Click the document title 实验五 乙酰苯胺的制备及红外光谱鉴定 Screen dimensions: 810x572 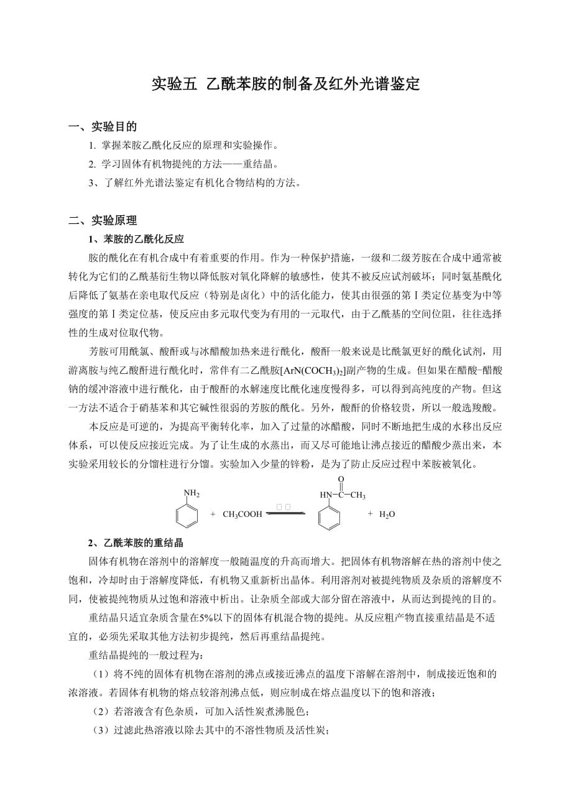[286, 84]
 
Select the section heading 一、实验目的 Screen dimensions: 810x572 [103, 127]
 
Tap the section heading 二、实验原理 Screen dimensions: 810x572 [103, 220]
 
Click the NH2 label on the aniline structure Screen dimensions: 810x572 [192, 494]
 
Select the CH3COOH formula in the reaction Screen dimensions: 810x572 [242, 514]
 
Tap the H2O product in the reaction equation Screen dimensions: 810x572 [387, 514]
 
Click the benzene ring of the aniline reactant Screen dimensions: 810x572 [187, 514]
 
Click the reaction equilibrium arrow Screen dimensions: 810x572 [285, 513]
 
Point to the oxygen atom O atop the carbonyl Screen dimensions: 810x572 [341, 479]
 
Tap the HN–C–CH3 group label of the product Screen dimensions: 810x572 [343, 495]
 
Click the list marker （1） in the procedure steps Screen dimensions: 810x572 [100, 674]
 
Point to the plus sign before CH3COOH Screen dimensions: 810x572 [213, 514]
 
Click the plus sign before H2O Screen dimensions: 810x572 [370, 514]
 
